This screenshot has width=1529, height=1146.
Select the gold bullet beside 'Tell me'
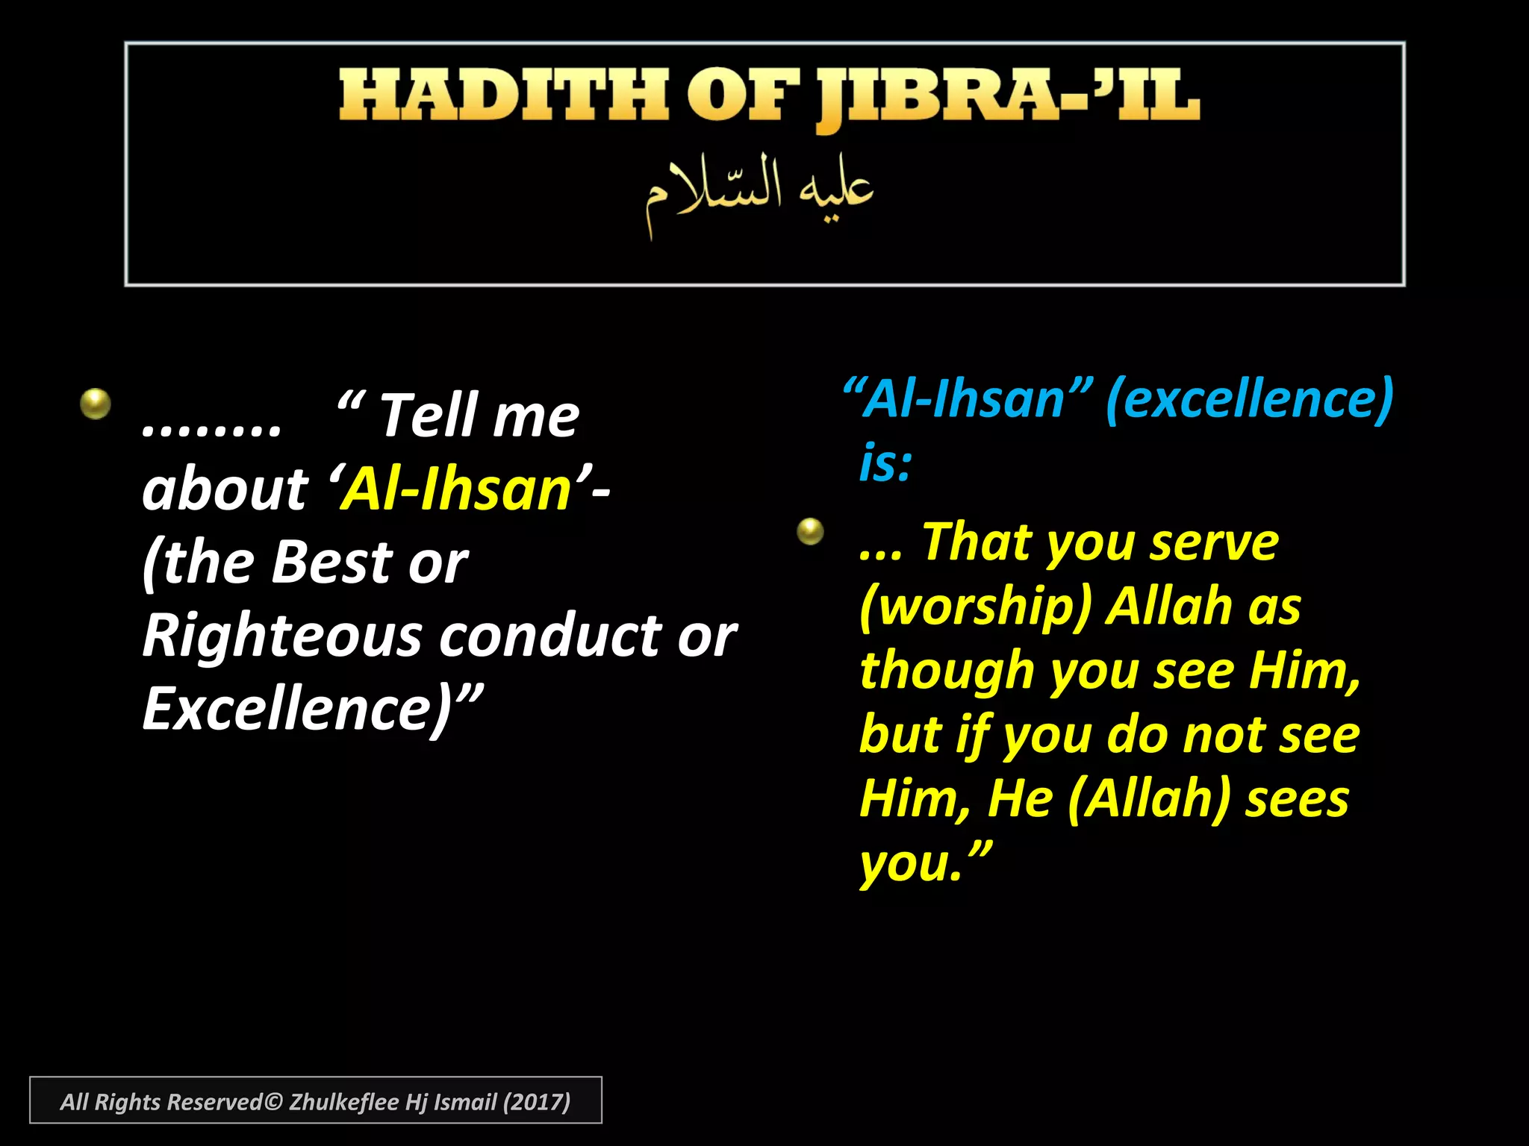click(x=96, y=404)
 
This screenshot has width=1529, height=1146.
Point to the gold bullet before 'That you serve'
click(x=810, y=532)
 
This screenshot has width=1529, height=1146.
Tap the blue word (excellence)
click(x=1249, y=399)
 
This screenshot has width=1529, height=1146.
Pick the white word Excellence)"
click(x=312, y=709)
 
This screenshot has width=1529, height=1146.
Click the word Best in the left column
click(x=331, y=562)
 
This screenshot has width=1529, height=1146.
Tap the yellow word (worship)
click(x=976, y=606)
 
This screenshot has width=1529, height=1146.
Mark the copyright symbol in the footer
click(x=273, y=1102)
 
